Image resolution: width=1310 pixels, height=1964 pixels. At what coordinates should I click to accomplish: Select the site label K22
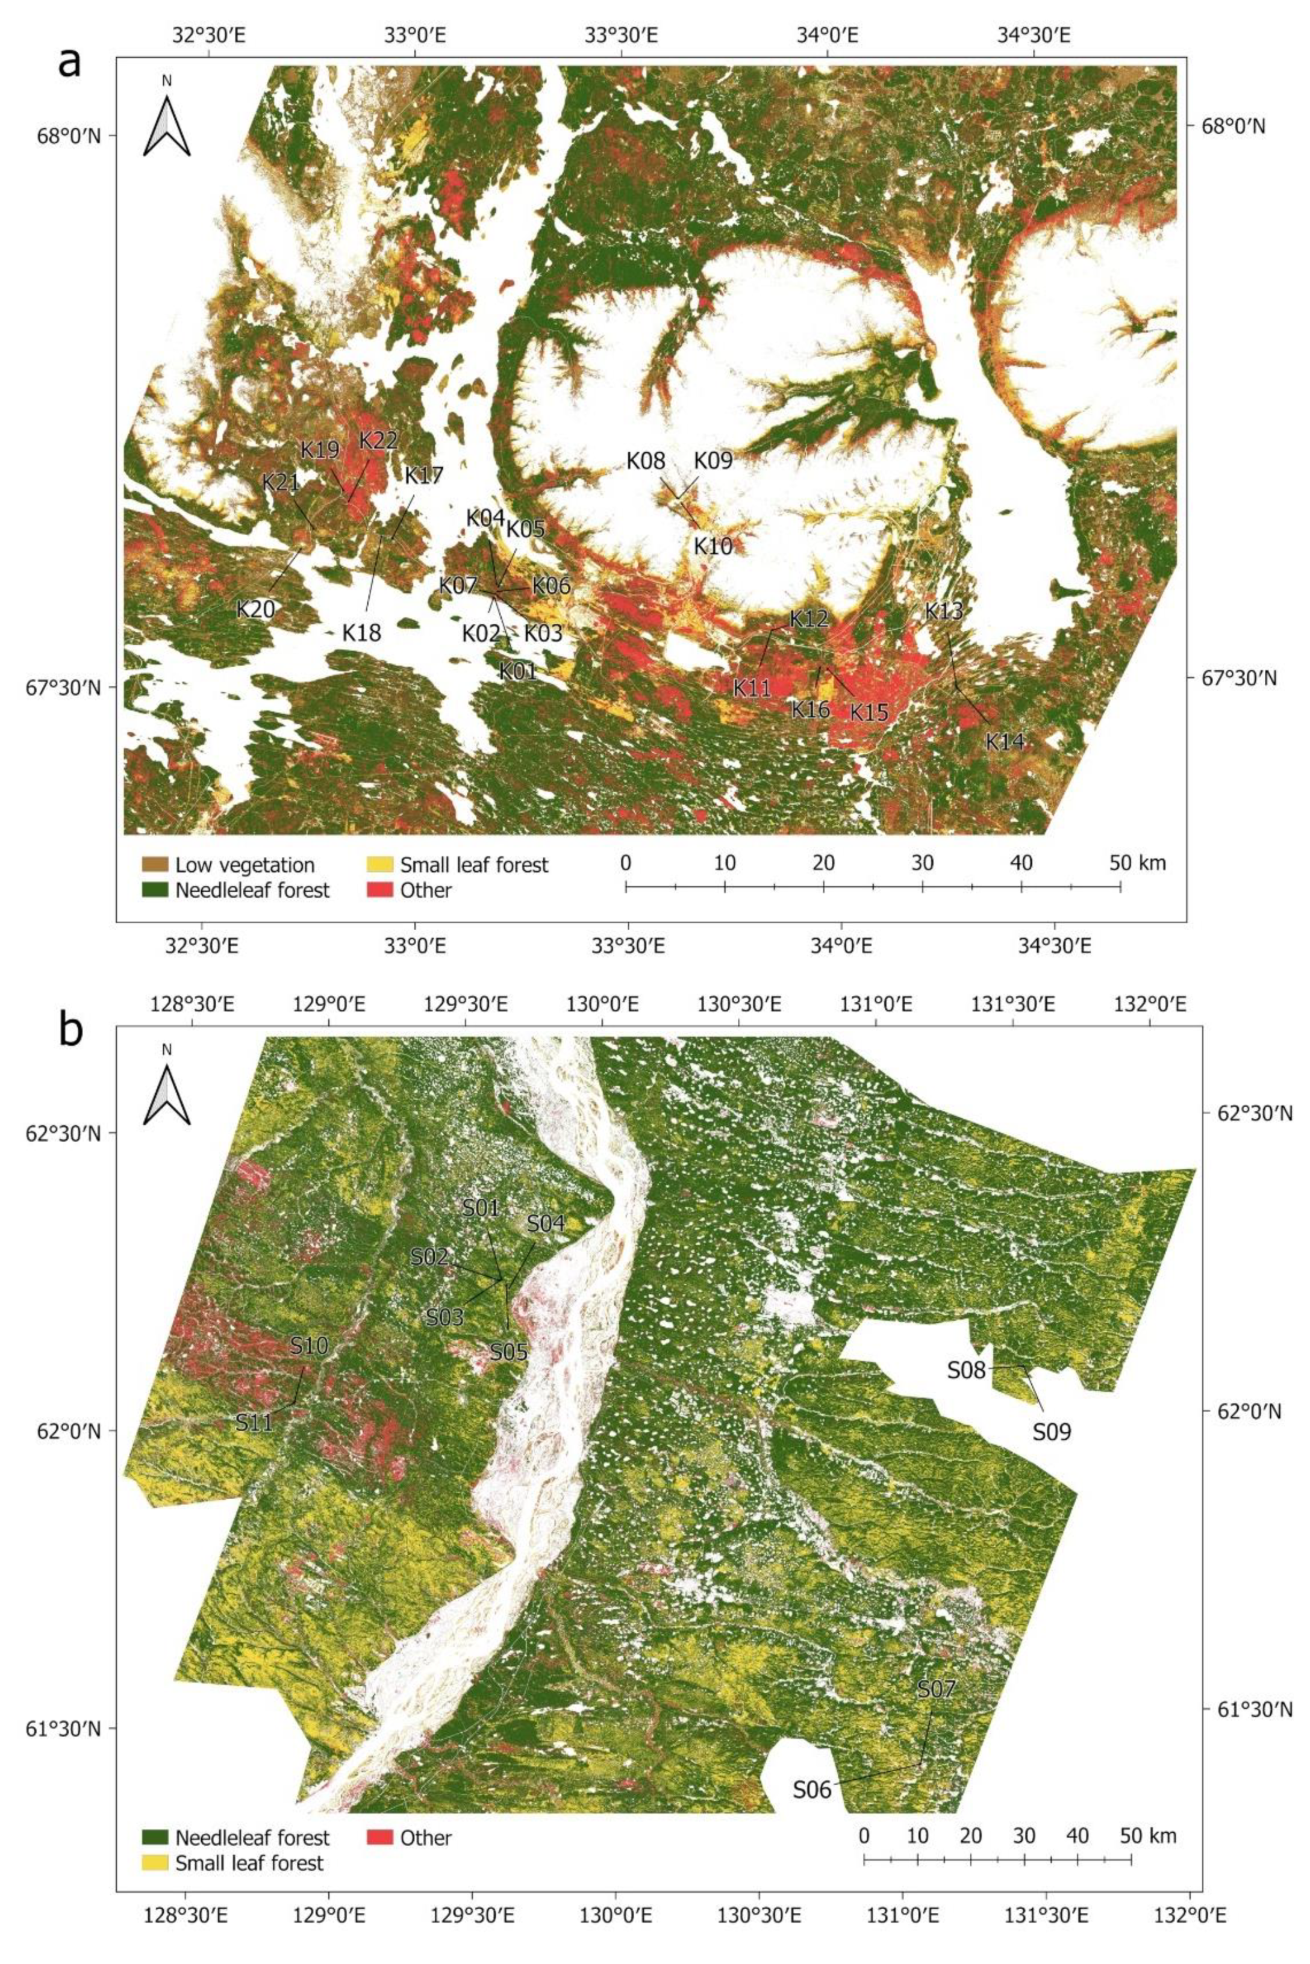coord(378,441)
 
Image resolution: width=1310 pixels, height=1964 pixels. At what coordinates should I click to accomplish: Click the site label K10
coord(713,546)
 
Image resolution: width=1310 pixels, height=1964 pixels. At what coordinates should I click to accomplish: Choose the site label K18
coord(362,632)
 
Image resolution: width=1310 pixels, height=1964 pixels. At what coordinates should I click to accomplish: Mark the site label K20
coord(255,609)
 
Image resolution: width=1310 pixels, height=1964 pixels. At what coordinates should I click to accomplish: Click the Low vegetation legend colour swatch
coord(155,864)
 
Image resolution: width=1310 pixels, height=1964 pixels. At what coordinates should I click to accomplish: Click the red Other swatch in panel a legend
coord(380,890)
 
